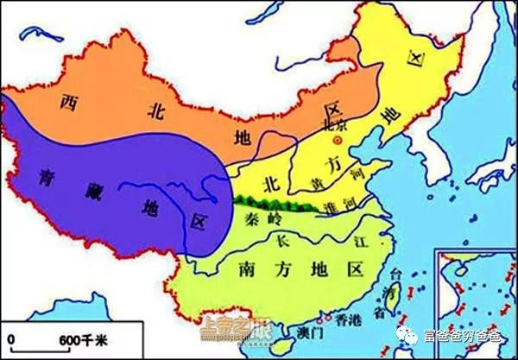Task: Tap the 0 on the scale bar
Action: pyautogui.click(x=11, y=338)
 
